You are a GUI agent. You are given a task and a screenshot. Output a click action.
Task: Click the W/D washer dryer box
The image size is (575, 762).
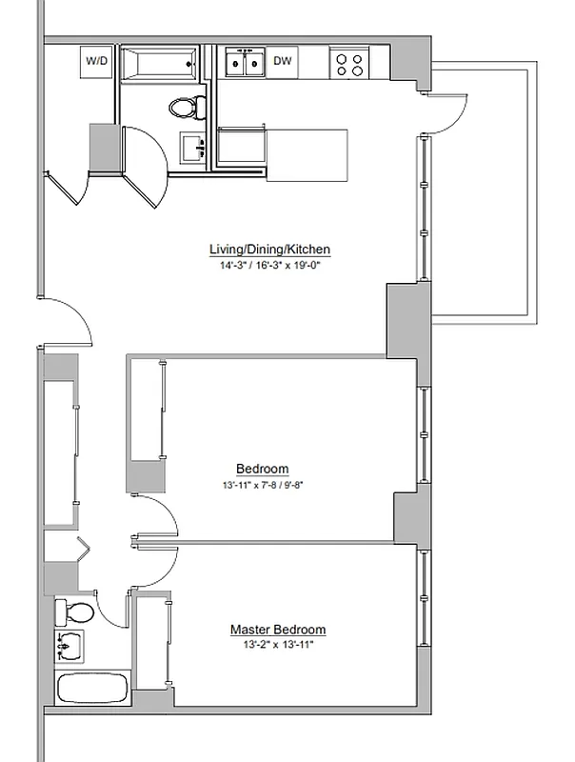[97, 61]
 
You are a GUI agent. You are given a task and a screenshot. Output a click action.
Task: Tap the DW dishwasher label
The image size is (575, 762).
[282, 61]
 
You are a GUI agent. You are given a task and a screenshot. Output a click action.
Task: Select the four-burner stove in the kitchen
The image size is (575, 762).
[349, 63]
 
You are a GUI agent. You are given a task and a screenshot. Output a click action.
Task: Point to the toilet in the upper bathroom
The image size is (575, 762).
[188, 107]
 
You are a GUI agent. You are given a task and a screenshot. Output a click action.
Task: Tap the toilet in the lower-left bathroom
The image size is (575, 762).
[74, 611]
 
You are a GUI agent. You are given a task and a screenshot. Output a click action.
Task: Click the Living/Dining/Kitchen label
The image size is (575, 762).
[269, 250]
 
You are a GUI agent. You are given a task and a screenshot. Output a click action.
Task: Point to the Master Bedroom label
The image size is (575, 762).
[278, 630]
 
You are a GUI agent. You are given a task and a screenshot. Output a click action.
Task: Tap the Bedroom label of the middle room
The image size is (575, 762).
[263, 469]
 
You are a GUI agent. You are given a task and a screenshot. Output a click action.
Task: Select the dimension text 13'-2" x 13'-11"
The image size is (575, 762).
[278, 646]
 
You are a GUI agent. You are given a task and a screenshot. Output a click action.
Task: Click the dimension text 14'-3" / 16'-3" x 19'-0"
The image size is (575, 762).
[269, 266]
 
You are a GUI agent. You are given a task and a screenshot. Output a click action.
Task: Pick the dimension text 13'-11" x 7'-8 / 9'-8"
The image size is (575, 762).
[263, 485]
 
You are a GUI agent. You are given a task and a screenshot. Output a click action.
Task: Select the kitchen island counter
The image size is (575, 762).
[307, 155]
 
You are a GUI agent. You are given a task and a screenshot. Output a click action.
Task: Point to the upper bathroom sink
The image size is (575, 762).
[193, 149]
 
